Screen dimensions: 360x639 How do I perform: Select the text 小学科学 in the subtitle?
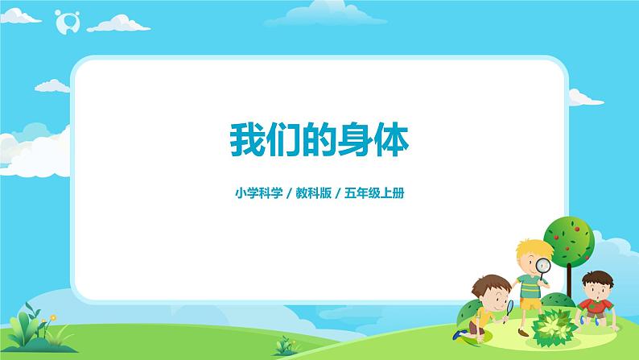point(252,193)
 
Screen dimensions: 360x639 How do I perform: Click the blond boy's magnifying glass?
point(543,266)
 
